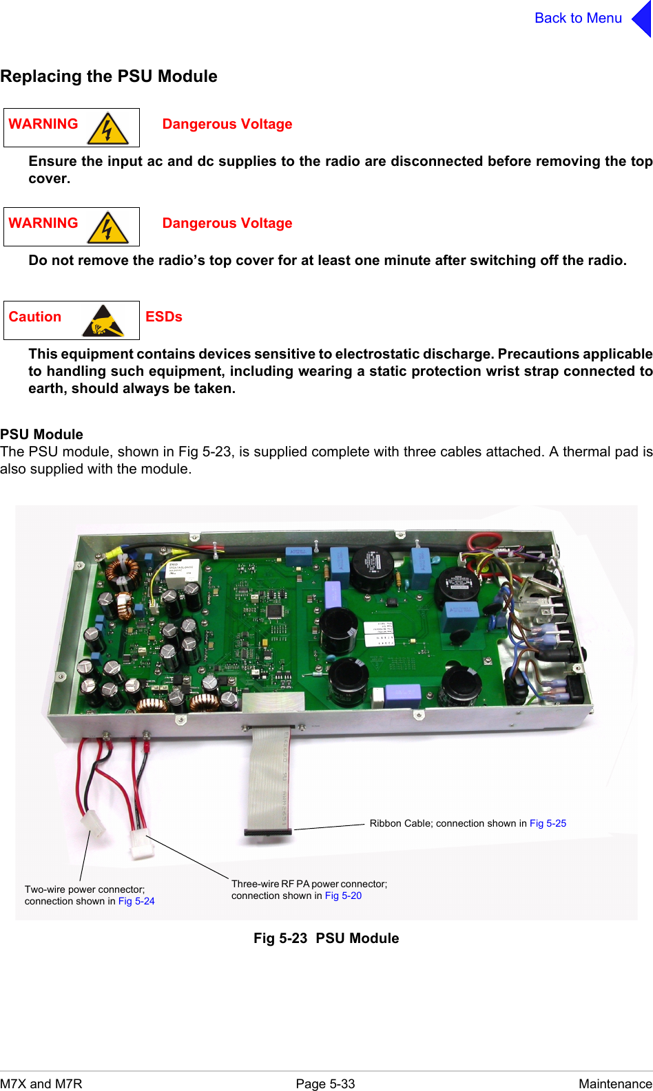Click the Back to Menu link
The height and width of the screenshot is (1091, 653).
coord(578,19)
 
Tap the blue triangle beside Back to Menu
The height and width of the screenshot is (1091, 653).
coord(642,19)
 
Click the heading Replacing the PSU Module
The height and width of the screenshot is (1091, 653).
coord(109,76)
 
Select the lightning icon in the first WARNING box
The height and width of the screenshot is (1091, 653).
coord(107,129)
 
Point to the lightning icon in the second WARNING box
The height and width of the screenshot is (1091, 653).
coord(107,228)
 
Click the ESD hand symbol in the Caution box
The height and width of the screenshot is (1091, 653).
coord(103,321)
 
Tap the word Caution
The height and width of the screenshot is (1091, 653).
coord(35,317)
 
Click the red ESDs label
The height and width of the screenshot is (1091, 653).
coord(164,317)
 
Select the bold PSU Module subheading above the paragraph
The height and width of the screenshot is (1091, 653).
coord(42,434)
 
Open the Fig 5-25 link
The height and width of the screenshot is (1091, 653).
coord(548,823)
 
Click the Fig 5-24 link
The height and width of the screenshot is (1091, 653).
coord(136,901)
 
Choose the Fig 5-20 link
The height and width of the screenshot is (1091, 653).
coord(343,896)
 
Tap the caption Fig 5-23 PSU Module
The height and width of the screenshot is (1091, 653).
coord(326,938)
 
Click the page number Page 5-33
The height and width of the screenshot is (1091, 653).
coord(325,1083)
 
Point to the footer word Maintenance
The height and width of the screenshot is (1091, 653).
coord(614,1083)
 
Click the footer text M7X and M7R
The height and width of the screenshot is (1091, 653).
coord(41,1083)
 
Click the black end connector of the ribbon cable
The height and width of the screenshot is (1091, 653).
coord(268,832)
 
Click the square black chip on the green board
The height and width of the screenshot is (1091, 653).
coord(274,611)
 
